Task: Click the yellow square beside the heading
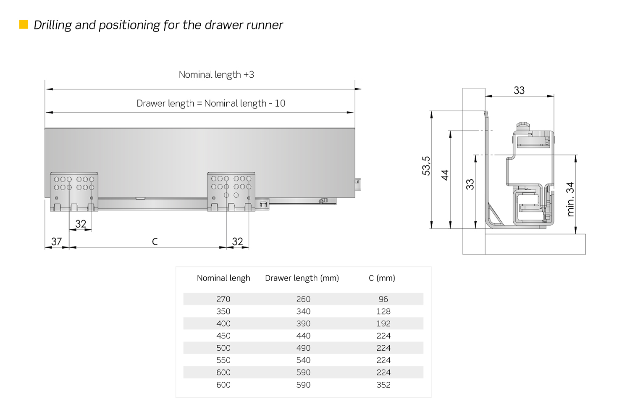[x=24, y=25]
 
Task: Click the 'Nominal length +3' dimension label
[x=216, y=75]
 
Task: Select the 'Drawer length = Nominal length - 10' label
[x=211, y=103]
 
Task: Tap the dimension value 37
[x=56, y=241]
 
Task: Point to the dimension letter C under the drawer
[x=155, y=241]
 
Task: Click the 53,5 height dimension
[x=426, y=165]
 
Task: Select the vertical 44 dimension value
[x=445, y=175]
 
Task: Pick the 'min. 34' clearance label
[x=570, y=199]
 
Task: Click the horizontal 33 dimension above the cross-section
[x=519, y=90]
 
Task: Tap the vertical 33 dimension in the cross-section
[x=470, y=184]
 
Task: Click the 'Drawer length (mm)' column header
[x=302, y=278]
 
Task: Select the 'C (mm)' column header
[x=382, y=278]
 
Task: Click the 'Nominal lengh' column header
[x=223, y=278]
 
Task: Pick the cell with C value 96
[x=383, y=299]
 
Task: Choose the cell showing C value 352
[x=383, y=385]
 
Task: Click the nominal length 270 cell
[x=223, y=299]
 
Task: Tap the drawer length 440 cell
[x=303, y=336]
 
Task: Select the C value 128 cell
[x=383, y=311]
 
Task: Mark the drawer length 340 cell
[x=303, y=311]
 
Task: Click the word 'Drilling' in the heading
[x=52, y=25]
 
